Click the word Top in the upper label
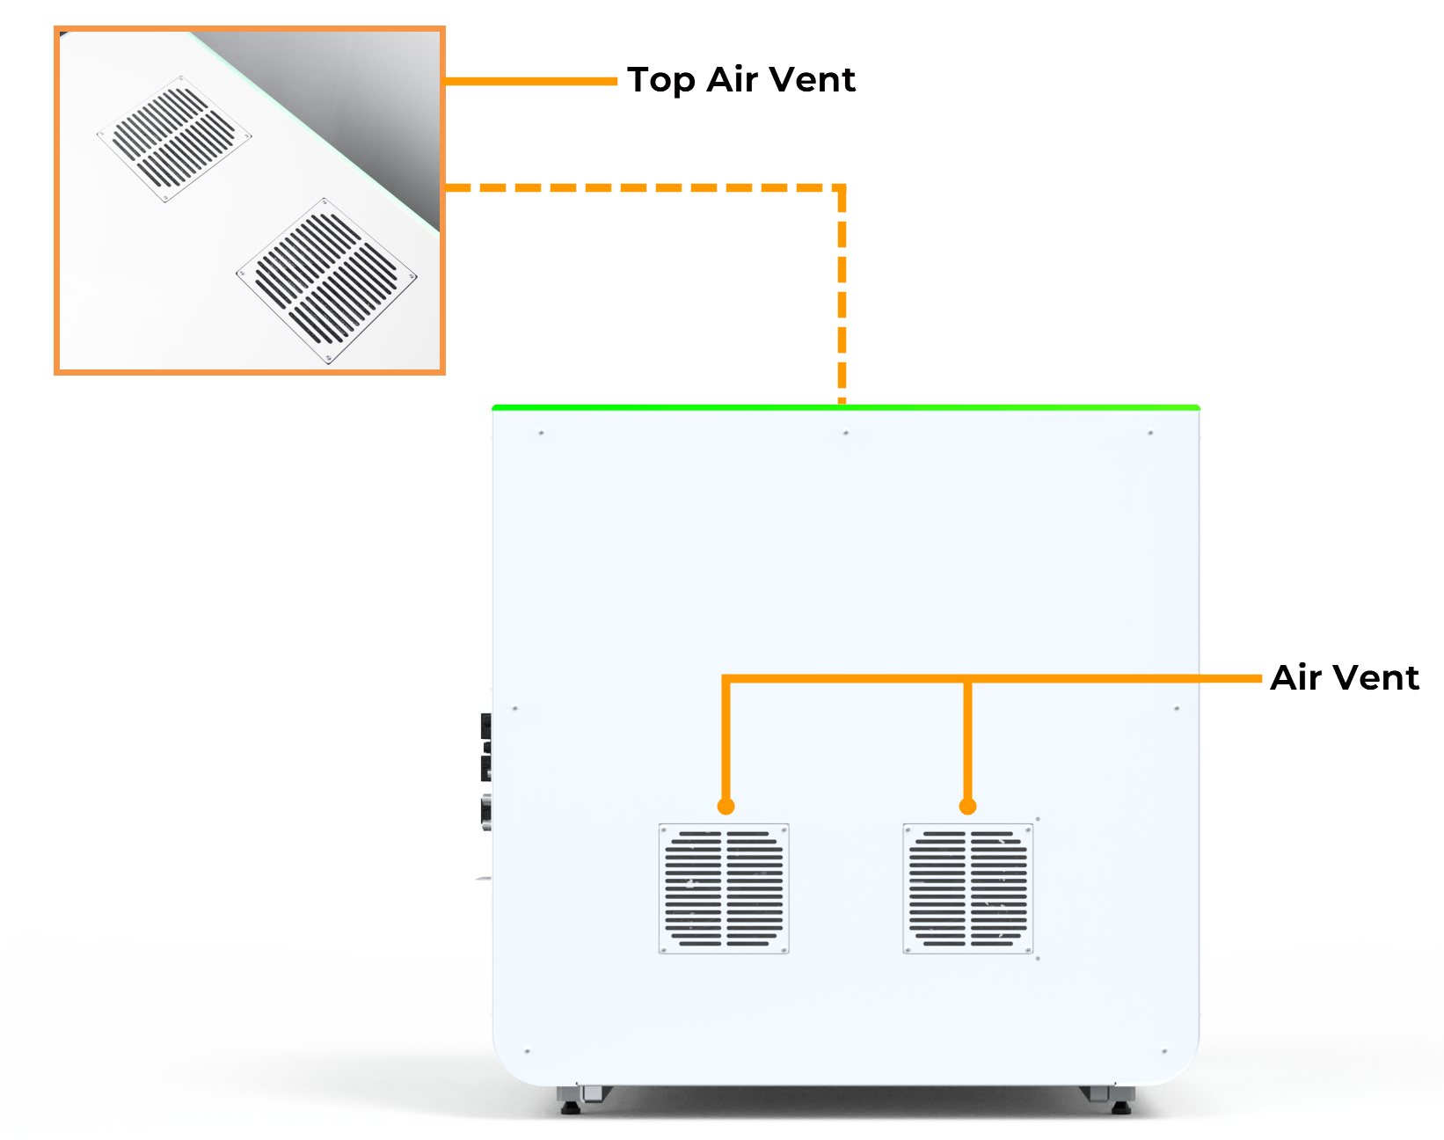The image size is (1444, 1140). pyautogui.click(x=660, y=80)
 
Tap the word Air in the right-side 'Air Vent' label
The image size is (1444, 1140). pyautogui.click(x=1296, y=678)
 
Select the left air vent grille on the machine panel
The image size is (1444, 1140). pyautogui.click(x=724, y=888)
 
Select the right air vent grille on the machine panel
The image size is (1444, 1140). pyautogui.click(x=968, y=888)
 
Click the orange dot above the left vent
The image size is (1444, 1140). pyautogui.click(x=726, y=806)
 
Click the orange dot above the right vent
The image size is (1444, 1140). pyautogui.click(x=968, y=806)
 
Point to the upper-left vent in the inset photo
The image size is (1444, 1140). pyautogui.click(x=174, y=138)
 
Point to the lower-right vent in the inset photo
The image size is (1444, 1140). pyautogui.click(x=326, y=280)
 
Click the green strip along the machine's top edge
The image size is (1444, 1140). pyautogui.click(x=844, y=407)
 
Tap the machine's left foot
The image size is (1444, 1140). pyautogui.click(x=572, y=1103)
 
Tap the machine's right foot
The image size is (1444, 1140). pyautogui.click(x=1120, y=1103)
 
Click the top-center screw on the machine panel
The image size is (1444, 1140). pyautogui.click(x=846, y=433)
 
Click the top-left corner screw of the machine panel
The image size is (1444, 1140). pyautogui.click(x=541, y=433)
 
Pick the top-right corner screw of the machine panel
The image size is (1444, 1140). pyautogui.click(x=1150, y=433)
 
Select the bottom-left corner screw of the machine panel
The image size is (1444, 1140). pyautogui.click(x=527, y=1051)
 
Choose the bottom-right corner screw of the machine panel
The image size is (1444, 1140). pyautogui.click(x=1164, y=1051)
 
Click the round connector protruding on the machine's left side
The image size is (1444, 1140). pyautogui.click(x=485, y=811)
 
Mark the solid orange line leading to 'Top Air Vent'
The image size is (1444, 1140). pyautogui.click(x=531, y=81)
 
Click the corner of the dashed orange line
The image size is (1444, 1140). pyautogui.click(x=842, y=188)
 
